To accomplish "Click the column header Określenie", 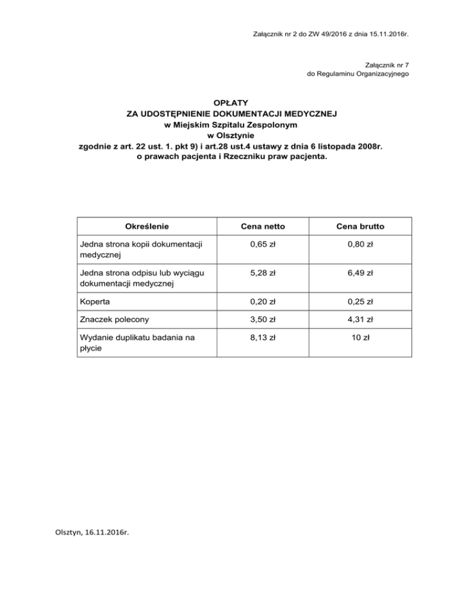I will [146, 226].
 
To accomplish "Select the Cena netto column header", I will [263, 226].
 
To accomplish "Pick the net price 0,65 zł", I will [263, 244].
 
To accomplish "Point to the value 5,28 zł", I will [263, 273].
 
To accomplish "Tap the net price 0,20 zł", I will [263, 301].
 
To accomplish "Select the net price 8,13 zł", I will [263, 339].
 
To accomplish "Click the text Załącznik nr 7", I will [388, 65].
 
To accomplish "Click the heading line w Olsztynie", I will [232, 135].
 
